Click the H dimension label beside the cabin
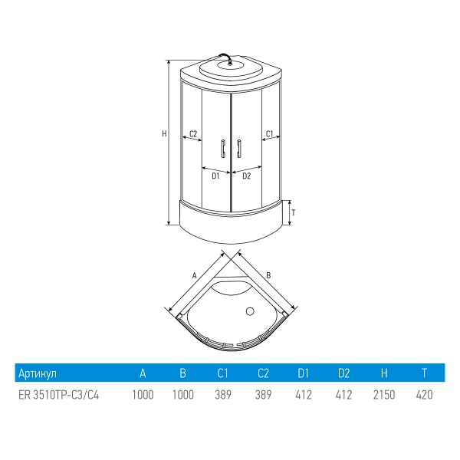coord(164,133)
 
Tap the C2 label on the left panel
coord(193,133)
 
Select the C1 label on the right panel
coord(269,133)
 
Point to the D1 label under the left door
coord(215,176)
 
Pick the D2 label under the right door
coord(247,176)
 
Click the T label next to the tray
coord(294,212)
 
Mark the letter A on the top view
coord(194,275)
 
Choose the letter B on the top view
coord(268,275)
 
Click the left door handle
coord(223,149)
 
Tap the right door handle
coord(238,149)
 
